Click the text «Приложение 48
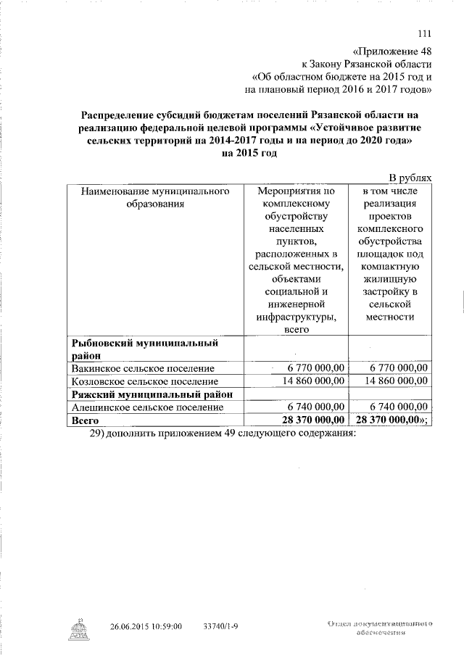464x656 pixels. tap(393, 52)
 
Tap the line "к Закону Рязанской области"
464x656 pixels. tap(368, 65)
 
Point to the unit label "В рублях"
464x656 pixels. tap(410, 178)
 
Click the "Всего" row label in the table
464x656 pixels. tap(83, 420)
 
